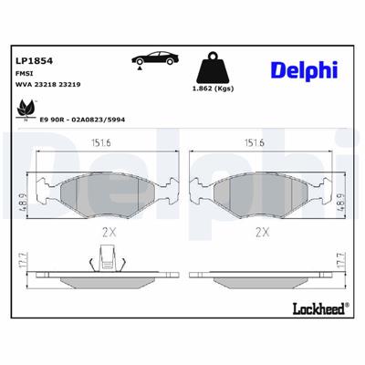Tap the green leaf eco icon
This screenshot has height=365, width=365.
21,110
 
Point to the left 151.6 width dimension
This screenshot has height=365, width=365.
103,142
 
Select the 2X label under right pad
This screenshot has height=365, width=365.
261,232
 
